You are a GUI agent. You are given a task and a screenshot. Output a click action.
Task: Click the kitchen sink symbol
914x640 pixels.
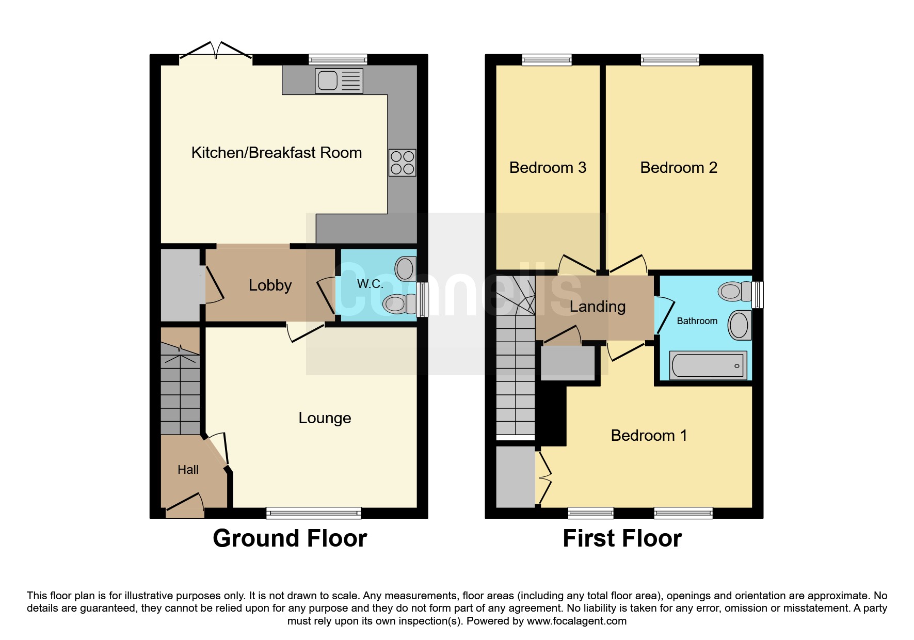(x=339, y=81)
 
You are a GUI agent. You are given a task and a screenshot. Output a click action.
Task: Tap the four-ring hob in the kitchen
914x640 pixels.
(x=402, y=162)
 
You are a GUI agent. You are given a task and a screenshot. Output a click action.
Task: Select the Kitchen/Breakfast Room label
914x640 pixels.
(x=276, y=153)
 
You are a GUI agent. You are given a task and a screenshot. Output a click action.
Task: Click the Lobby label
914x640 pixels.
(x=270, y=285)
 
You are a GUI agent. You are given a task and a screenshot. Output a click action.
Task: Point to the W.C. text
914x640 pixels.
(x=370, y=284)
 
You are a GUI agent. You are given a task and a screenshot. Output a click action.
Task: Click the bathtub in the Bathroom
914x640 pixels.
(x=708, y=365)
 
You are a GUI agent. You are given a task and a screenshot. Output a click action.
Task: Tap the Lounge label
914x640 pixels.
(x=325, y=418)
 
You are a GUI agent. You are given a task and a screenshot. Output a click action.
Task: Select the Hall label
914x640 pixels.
(x=188, y=470)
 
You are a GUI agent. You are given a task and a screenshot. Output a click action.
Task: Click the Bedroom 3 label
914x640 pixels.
(x=548, y=168)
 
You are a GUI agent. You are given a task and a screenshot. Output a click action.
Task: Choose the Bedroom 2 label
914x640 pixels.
(x=678, y=168)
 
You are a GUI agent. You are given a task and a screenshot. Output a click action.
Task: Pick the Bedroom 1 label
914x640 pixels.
(x=649, y=436)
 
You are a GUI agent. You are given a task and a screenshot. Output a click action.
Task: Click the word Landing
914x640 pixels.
(x=597, y=307)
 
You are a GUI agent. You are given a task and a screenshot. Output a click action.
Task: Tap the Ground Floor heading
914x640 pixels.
(x=290, y=539)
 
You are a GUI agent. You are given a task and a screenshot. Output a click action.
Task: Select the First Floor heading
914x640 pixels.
(x=622, y=539)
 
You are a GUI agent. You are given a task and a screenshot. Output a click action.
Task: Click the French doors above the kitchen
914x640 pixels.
(x=216, y=52)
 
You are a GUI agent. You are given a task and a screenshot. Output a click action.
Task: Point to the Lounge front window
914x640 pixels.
(x=313, y=513)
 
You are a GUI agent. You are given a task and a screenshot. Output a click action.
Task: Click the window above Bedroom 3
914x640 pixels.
(x=547, y=60)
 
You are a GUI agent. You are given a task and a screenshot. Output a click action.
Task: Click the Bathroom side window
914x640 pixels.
(x=757, y=294)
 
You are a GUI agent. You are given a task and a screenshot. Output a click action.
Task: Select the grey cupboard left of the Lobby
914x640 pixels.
(x=180, y=285)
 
